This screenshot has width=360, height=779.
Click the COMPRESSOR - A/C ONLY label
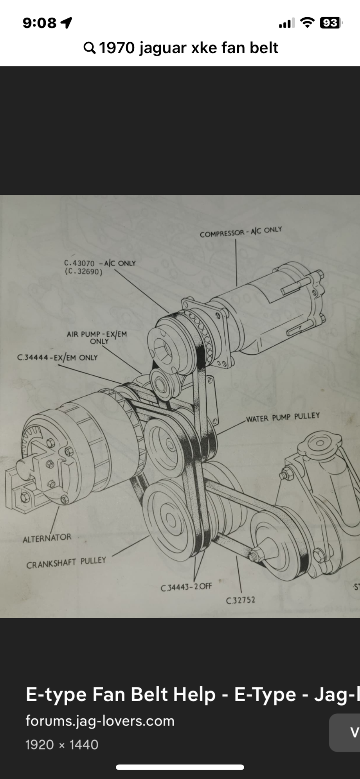tap(241, 232)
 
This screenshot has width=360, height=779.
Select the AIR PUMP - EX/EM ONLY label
tap(97, 337)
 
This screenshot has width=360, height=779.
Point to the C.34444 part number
tap(34, 357)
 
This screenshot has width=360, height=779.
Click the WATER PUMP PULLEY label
tap(283, 417)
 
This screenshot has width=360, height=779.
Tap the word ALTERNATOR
tap(47, 538)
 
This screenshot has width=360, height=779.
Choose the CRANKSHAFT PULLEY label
tap(66, 563)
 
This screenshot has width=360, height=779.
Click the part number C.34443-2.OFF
tap(186, 587)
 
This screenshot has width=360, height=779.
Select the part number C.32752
tap(241, 600)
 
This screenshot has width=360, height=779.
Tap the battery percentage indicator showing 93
tap(329, 23)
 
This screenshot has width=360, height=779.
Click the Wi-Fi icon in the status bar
tap(307, 23)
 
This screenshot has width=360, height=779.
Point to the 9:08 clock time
tap(40, 23)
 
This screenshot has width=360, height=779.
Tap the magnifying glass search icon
tap(89, 48)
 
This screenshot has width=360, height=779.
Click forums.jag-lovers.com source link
tap(100, 721)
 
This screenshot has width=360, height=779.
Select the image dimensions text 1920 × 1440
tap(62, 744)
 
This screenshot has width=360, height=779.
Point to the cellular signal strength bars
tap(287, 24)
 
